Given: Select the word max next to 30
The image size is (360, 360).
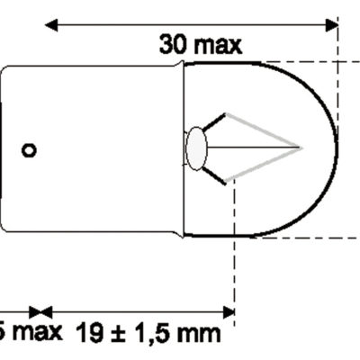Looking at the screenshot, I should [217, 43].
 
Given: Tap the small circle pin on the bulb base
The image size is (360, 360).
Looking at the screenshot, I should [30, 150].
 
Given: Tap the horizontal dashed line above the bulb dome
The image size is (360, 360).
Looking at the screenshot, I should [306, 62].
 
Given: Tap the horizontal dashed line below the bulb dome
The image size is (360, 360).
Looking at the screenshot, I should [306, 238].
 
